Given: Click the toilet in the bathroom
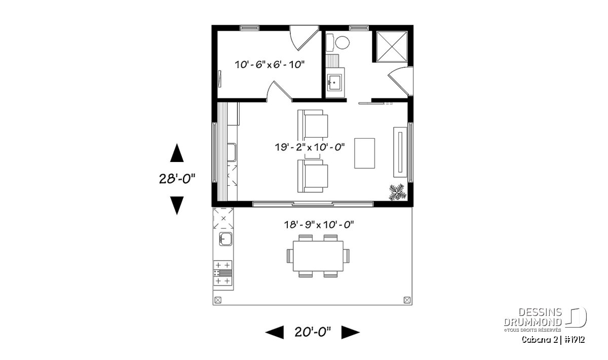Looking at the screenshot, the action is [x=337, y=43].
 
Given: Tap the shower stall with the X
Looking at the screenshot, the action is [x=392, y=47].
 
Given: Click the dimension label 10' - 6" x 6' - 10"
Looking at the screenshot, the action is [x=270, y=65].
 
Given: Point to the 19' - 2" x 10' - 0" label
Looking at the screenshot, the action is [x=310, y=147].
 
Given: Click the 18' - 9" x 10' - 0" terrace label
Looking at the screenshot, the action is [x=319, y=225].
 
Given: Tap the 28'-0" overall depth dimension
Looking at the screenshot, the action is [x=177, y=179].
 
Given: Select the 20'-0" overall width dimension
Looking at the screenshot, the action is [x=313, y=332].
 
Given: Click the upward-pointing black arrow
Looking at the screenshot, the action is [x=177, y=153].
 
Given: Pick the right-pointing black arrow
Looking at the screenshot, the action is [x=351, y=332].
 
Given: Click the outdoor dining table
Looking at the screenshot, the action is [x=318, y=256].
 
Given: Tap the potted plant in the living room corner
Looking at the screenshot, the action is [x=397, y=192].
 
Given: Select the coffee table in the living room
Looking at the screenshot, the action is [x=364, y=153].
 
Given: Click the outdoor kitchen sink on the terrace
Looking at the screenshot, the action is [x=225, y=239].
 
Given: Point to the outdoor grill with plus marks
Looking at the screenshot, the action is [x=222, y=273].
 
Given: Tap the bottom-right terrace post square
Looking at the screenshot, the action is [x=407, y=300].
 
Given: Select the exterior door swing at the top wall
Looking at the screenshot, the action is [x=304, y=38].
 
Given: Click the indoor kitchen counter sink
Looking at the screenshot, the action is [x=232, y=152].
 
